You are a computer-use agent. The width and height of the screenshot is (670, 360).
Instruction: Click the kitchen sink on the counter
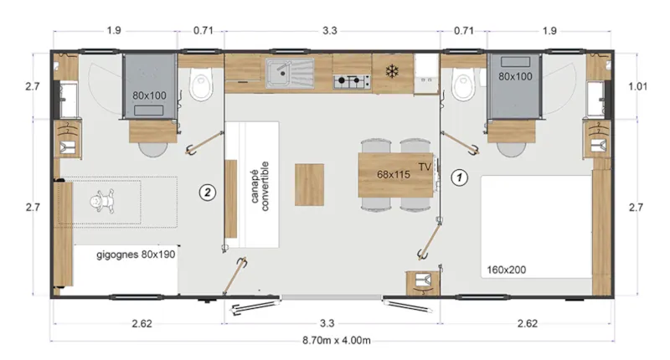(287, 73)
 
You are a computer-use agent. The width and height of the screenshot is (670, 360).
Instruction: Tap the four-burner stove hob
(353, 81)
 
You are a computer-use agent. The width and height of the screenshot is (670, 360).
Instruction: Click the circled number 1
(458, 177)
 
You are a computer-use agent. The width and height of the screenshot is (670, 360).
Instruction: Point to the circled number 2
(209, 192)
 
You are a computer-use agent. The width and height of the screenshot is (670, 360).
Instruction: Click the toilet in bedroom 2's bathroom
(200, 84)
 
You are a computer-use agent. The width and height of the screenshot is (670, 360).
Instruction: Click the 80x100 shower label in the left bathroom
(150, 95)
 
